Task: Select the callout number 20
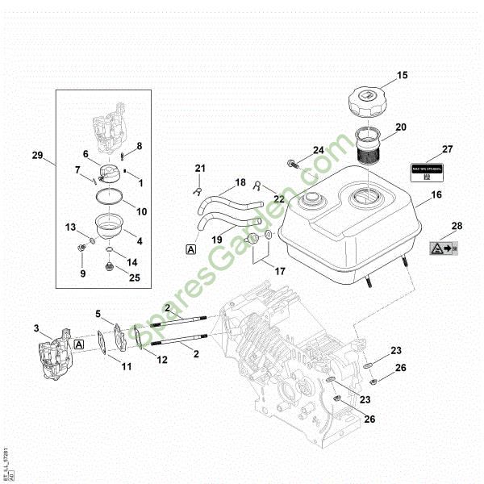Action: pyautogui.click(x=402, y=127)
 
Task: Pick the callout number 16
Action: pyautogui.click(x=436, y=194)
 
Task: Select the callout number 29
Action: pyautogui.click(x=37, y=154)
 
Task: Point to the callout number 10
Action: pyautogui.click(x=141, y=212)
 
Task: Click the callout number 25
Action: pyautogui.click(x=134, y=278)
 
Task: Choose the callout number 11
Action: pyautogui.click(x=126, y=367)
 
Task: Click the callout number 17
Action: pyautogui.click(x=279, y=272)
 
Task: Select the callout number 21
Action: pyautogui.click(x=200, y=168)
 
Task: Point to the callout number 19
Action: pyautogui.click(x=217, y=240)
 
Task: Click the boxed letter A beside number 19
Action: pyautogui.click(x=190, y=251)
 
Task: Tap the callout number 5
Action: pyautogui.click(x=98, y=313)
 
